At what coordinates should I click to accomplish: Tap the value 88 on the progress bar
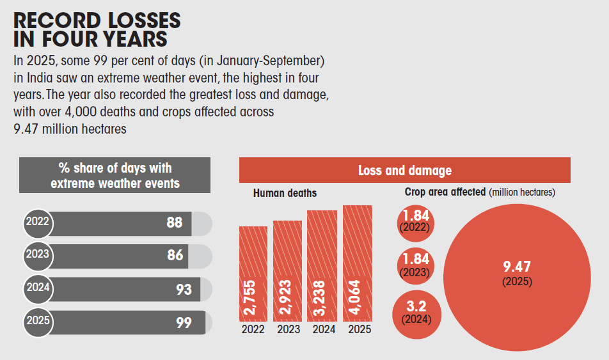pyautogui.click(x=174, y=223)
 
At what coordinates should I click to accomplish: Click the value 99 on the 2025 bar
pyautogui.click(x=184, y=323)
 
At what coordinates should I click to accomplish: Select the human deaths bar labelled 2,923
pyautogui.click(x=287, y=271)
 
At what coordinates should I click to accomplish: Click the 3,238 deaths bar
pyautogui.click(x=322, y=266)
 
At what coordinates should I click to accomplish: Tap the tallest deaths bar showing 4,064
pyautogui.click(x=357, y=263)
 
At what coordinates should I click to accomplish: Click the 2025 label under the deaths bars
pyautogui.click(x=359, y=330)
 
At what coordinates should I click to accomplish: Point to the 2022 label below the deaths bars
pyautogui.click(x=253, y=330)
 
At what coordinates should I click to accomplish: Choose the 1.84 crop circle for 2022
pyautogui.click(x=414, y=221)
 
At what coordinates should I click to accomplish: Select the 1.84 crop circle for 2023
pyautogui.click(x=414, y=265)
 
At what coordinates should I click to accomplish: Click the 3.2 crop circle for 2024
pyautogui.click(x=414, y=311)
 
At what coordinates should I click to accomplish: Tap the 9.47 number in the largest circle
pyautogui.click(x=517, y=267)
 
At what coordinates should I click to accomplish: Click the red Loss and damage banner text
pyautogui.click(x=404, y=170)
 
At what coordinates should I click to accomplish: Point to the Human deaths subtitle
pyautogui.click(x=285, y=192)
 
